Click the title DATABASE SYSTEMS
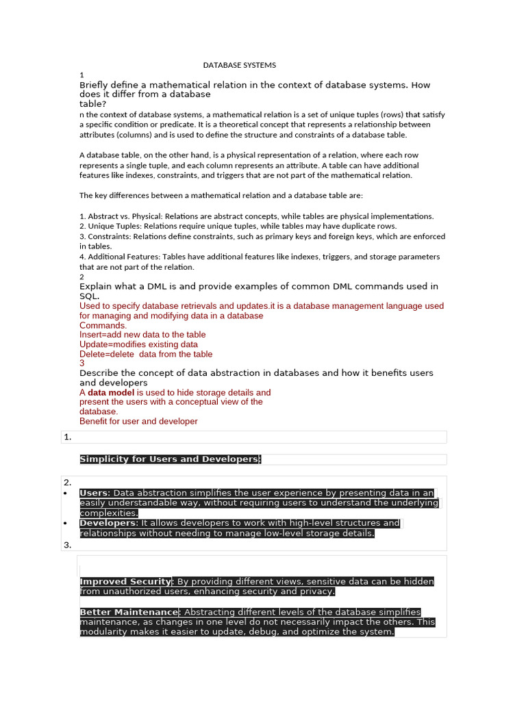pos(239,65)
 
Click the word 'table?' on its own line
pos(93,104)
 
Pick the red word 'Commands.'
pos(103,325)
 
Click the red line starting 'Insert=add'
pos(142,335)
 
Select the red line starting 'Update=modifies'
pos(138,344)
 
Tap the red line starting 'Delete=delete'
pos(146,354)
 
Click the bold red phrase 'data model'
pos(111,392)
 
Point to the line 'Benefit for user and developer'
pos(138,421)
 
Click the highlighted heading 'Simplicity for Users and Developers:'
pos(171,459)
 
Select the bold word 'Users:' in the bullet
pos(95,493)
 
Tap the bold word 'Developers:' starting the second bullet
pos(109,523)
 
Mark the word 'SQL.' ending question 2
pos(90,296)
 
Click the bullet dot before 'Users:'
pos(64,493)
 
